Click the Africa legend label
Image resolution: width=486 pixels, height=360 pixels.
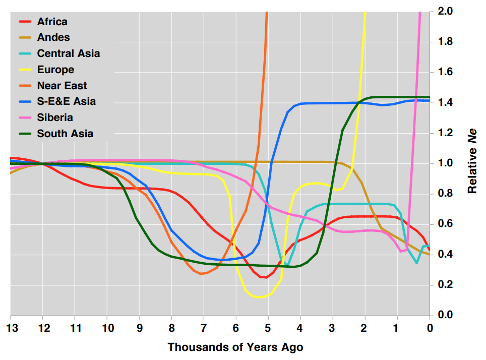tap(52, 22)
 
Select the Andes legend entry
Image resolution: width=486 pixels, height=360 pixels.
tap(53, 37)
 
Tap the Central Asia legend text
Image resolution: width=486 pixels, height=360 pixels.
tap(69, 53)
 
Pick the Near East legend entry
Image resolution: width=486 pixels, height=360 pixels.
tap(62, 86)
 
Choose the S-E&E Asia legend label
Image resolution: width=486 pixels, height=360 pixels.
tap(66, 101)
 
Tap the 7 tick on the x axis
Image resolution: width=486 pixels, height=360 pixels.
tap(204, 328)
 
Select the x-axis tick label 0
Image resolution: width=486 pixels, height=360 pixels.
tap(430, 328)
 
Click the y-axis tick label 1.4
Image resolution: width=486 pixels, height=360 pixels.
tap(446, 103)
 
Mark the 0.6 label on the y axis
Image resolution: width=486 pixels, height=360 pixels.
tap(446, 224)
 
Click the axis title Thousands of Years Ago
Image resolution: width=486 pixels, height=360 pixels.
tap(235, 347)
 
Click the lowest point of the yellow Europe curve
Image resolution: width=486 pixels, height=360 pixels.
tap(259, 297)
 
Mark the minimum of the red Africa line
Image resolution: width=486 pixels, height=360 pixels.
tap(264, 277)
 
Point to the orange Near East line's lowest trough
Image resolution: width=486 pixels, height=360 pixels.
tap(202, 274)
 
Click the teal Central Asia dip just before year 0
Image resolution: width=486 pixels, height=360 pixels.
tap(417, 263)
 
